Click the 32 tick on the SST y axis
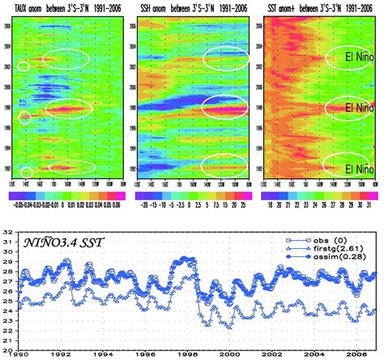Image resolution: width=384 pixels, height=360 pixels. [11, 235]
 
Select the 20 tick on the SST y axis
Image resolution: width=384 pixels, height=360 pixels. [11, 349]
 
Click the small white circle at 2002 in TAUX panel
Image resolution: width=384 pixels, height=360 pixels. [23, 66]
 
